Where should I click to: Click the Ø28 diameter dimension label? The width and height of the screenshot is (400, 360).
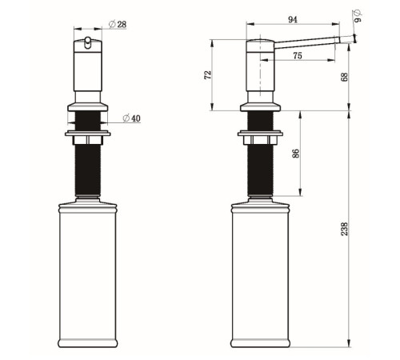tap(118, 25)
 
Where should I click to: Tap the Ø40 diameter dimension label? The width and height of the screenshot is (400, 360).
tap(132, 118)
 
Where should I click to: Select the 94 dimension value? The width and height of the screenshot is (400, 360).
tap(293, 20)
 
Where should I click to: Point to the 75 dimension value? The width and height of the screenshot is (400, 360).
tap(298, 56)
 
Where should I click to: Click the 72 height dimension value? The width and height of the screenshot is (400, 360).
tap(208, 74)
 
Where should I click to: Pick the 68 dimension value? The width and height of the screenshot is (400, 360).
tap(345, 77)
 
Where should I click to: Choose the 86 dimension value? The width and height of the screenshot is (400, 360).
tap(296, 154)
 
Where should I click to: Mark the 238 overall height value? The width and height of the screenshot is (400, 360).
tap(345, 229)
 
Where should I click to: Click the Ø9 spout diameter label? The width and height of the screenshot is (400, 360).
tap(358, 16)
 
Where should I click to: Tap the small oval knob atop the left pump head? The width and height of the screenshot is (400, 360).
tap(87, 42)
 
